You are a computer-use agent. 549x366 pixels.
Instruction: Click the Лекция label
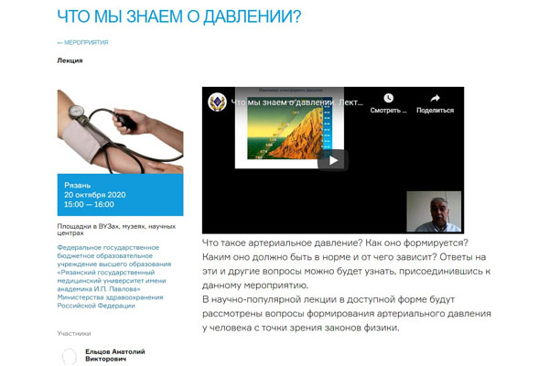point(70,60)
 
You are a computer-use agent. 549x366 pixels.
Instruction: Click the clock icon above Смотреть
point(389,98)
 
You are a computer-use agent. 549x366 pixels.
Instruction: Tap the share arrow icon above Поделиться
point(435,98)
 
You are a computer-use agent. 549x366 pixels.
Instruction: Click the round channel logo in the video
point(217,102)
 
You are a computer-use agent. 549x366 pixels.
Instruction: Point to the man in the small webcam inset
point(433,212)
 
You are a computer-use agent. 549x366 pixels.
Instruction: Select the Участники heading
point(74,334)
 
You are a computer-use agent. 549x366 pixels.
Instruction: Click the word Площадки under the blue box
point(75,225)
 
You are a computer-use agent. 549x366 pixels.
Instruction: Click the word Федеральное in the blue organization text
point(82,247)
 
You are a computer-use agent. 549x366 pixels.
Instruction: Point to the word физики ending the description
point(376,328)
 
